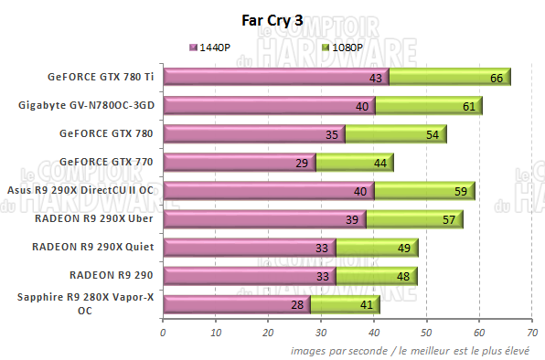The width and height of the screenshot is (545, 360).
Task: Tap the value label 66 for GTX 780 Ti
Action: [497, 79]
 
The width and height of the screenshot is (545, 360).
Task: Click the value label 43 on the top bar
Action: [375, 79]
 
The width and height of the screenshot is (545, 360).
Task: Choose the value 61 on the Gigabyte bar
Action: [468, 107]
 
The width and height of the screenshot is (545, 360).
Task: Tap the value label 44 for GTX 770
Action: [380, 164]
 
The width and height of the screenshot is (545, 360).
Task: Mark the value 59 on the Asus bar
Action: [460, 192]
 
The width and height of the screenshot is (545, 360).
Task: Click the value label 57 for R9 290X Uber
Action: [449, 220]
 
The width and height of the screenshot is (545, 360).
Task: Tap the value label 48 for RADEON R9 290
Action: [402, 276]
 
